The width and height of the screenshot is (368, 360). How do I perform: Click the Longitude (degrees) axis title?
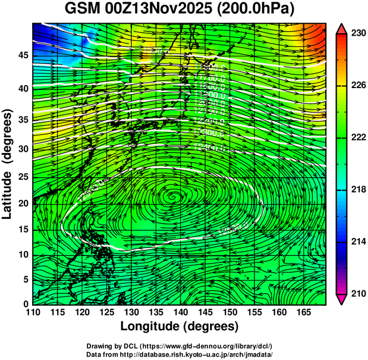180,326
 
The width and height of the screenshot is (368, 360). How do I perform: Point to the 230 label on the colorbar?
357,34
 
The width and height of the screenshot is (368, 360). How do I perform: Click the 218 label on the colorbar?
357,189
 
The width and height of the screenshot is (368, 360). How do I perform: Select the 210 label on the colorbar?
357,293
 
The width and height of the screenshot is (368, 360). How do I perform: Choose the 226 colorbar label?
357,86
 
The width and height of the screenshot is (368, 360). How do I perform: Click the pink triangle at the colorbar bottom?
342,299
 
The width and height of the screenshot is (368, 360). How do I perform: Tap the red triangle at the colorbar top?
342,28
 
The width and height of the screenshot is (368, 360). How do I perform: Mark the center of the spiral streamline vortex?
173,195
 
